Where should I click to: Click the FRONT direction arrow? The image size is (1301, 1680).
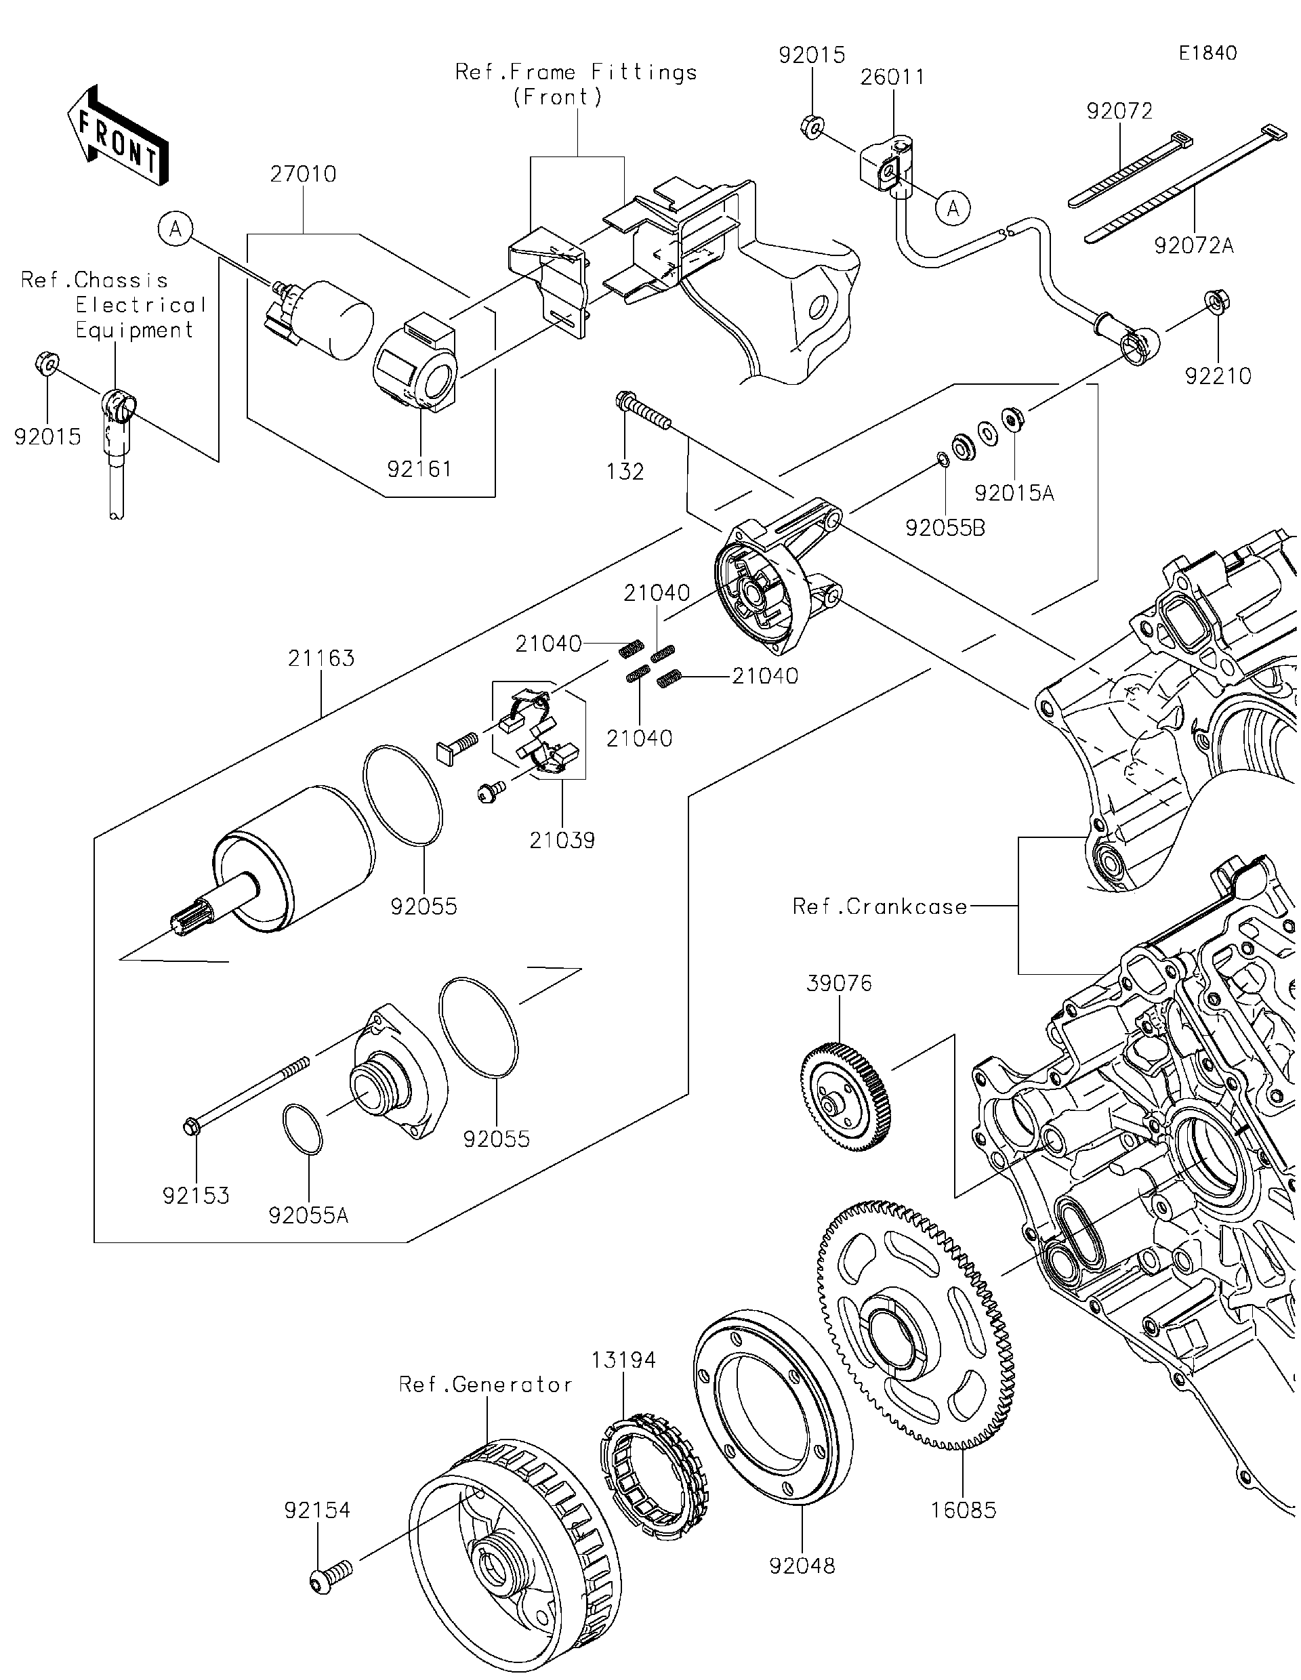[118, 135]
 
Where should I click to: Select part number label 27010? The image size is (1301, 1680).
[303, 175]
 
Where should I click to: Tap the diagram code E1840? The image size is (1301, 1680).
[1208, 53]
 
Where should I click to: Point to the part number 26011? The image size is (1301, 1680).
[892, 77]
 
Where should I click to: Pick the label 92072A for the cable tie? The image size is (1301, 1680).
[1194, 245]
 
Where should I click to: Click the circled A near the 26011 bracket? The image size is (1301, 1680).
[953, 208]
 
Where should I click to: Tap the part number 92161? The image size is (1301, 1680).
[419, 469]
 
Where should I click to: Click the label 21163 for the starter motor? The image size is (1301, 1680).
[322, 658]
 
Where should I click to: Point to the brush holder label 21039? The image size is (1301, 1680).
[562, 841]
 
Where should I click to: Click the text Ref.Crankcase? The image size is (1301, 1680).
[880, 907]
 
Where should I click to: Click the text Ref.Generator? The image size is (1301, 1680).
[485, 1385]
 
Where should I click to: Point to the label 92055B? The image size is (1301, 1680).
[945, 528]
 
